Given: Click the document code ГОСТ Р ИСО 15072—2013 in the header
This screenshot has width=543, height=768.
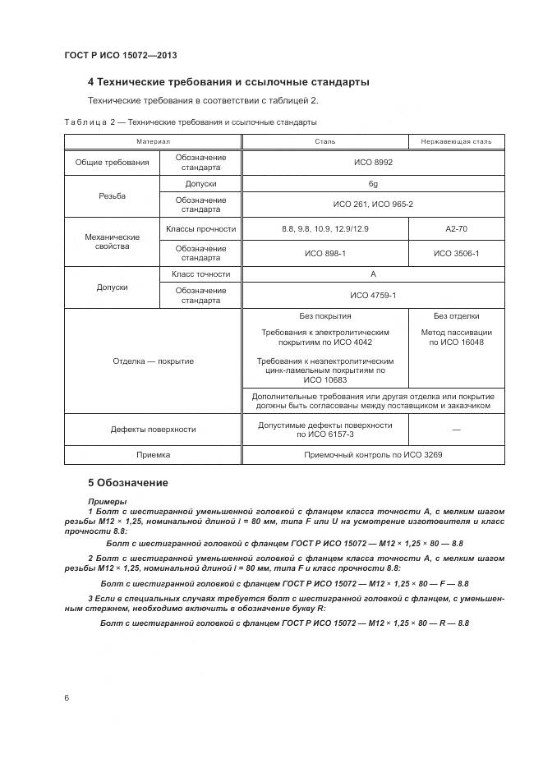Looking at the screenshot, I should tap(121, 55).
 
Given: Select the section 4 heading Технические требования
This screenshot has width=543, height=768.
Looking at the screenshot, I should tap(228, 82).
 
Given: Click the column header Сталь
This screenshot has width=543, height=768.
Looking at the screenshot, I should tap(325, 141).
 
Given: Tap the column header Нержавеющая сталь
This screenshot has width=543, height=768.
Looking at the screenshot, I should tap(456, 141).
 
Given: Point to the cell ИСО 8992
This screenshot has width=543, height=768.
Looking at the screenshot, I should tap(372, 163).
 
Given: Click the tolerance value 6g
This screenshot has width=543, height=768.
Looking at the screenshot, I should tap(372, 184).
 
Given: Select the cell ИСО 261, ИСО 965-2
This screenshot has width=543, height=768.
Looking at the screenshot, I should tap(372, 205).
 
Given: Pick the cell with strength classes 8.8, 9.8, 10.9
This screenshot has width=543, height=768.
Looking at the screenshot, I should tap(324, 229).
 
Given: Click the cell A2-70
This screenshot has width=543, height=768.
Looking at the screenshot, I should tap(456, 229).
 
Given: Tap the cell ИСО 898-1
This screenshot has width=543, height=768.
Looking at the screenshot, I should tap(324, 253).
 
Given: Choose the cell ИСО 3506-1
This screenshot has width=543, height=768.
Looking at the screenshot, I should tap(456, 253).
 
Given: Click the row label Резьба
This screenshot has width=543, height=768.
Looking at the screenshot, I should tap(112, 197).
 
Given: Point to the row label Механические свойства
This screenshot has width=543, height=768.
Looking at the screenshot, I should tap(112, 241).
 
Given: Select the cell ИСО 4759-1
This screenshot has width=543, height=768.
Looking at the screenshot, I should tap(372, 295).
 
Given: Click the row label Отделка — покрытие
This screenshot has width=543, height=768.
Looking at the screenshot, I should tap(153, 361).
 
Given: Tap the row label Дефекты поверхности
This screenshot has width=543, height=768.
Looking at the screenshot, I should tap(153, 430).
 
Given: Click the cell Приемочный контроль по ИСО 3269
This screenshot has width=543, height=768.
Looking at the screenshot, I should tap(372, 454).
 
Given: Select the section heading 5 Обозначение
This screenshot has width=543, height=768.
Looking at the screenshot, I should tap(127, 482).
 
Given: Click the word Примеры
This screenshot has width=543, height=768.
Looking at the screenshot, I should tap(107, 500).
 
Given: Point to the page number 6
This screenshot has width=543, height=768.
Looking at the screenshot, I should tap(67, 697).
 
